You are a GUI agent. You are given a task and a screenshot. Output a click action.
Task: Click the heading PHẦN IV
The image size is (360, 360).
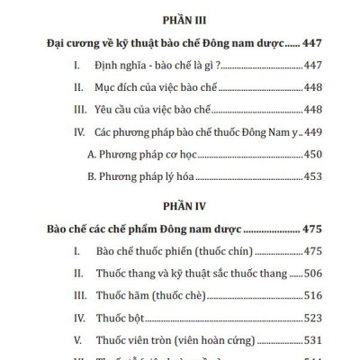coord(179,203)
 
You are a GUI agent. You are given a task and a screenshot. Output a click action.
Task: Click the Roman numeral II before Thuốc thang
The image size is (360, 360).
coord(74,273)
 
